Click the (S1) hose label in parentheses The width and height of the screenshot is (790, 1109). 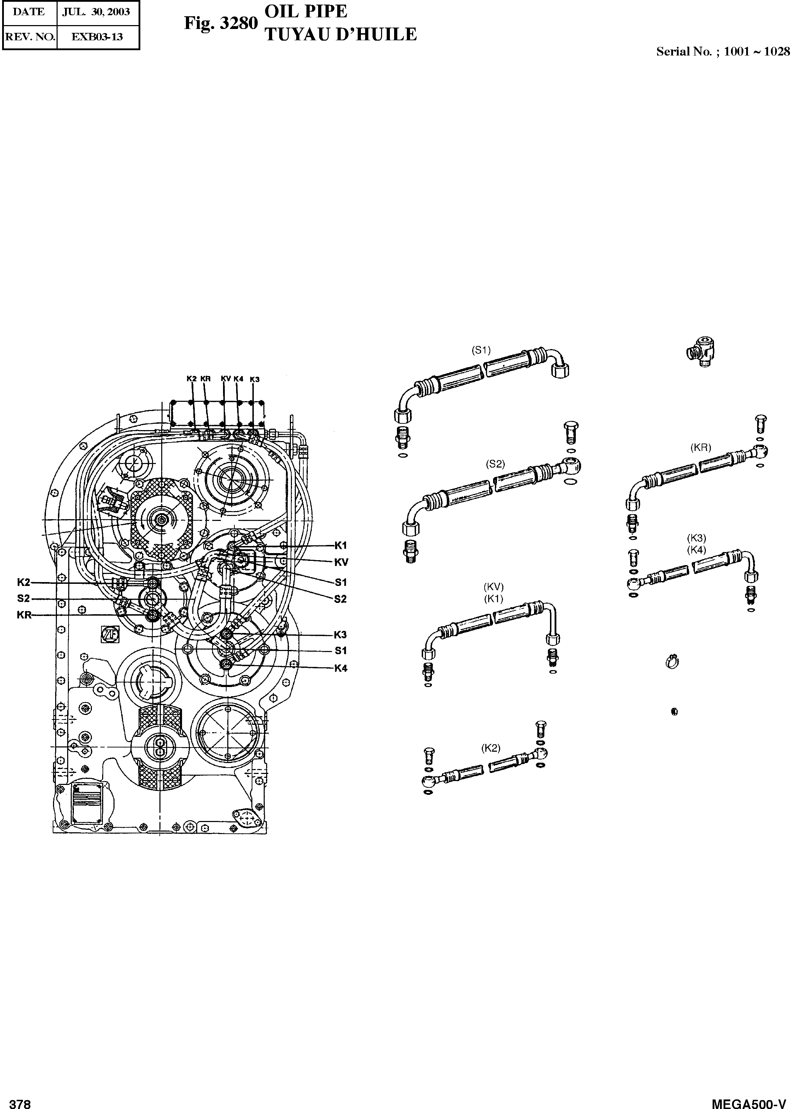pyautogui.click(x=481, y=350)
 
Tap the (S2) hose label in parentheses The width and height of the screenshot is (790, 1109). pyautogui.click(x=495, y=464)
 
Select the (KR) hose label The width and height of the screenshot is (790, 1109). pyautogui.click(x=701, y=448)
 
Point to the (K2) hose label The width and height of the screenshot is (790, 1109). pyautogui.click(x=491, y=748)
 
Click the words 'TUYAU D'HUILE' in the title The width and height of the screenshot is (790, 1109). pyautogui.click(x=340, y=35)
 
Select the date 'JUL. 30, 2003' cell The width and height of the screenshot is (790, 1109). pyautogui.click(x=96, y=12)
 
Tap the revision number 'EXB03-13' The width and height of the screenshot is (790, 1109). pyautogui.click(x=97, y=36)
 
